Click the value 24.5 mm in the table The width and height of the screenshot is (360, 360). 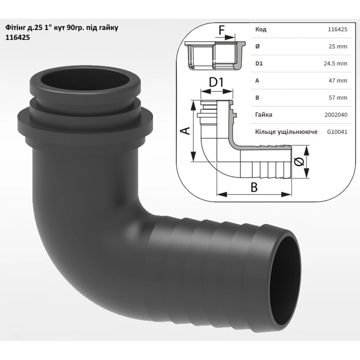click(336, 63)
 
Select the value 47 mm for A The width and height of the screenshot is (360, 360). click(338, 81)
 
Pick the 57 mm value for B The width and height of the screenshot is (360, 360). click(338, 98)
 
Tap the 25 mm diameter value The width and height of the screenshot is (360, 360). click(338, 46)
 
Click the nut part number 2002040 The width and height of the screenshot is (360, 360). click(336, 114)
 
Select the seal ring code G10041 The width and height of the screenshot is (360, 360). click(337, 132)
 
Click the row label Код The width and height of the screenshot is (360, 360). click(261, 30)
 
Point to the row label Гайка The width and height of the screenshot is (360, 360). click(264, 114)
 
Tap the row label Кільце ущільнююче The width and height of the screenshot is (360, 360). click(286, 132)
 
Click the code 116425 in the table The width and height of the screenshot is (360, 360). click(338, 30)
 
